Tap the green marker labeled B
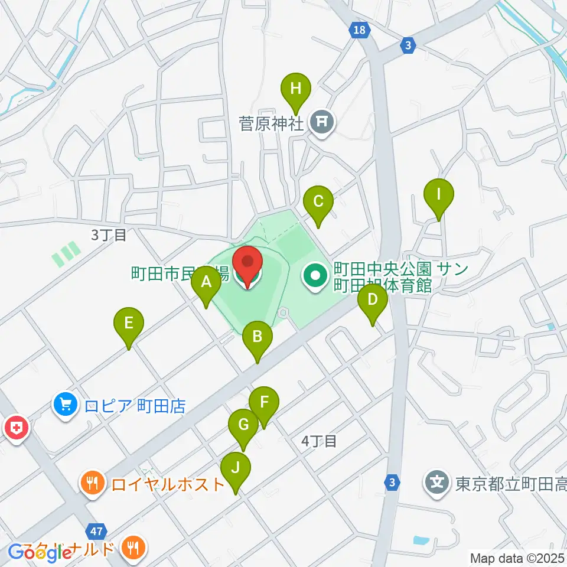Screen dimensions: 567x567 click(x=258, y=338)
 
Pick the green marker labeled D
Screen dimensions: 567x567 click(x=372, y=301)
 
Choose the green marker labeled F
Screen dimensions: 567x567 click(x=263, y=404)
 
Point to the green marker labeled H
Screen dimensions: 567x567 click(x=296, y=90)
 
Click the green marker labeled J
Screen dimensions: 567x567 click(x=236, y=469)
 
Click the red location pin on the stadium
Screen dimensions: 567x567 click(x=247, y=264)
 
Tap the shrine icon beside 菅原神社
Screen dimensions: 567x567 click(x=322, y=122)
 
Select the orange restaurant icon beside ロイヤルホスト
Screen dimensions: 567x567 click(x=92, y=484)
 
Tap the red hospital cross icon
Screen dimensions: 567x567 click(x=16, y=428)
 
